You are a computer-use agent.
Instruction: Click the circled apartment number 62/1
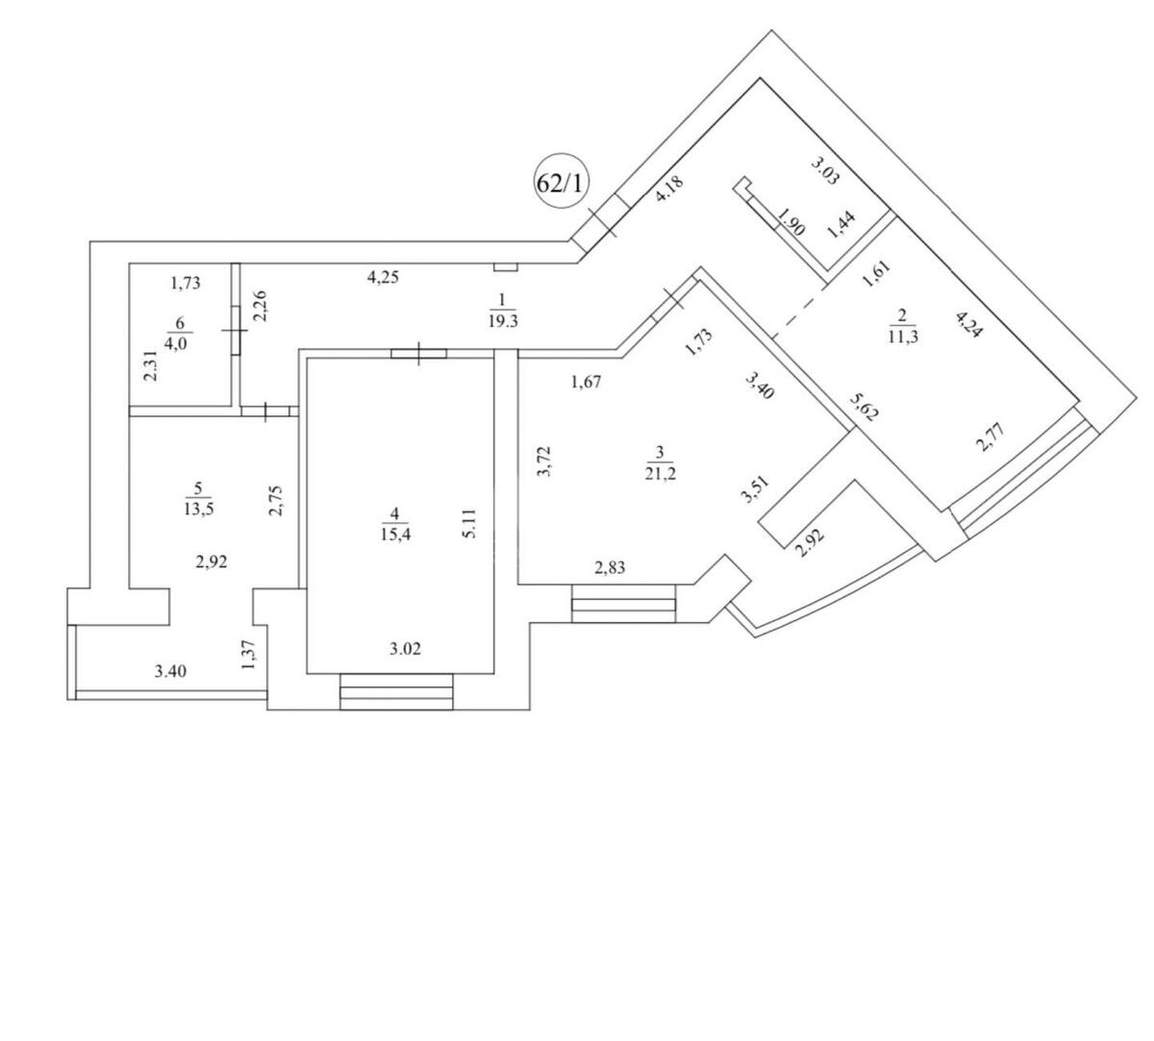pyautogui.click(x=560, y=183)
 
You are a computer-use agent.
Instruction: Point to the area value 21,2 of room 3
pyautogui.click(x=660, y=470)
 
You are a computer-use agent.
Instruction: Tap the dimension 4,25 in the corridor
pyautogui.click(x=383, y=279)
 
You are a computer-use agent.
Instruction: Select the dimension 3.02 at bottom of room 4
pyautogui.click(x=405, y=649)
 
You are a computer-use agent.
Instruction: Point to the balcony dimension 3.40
pyautogui.click(x=170, y=671)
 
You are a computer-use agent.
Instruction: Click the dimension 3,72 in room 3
pyautogui.click(x=543, y=461)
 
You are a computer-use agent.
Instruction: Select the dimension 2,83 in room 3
pyautogui.click(x=610, y=568)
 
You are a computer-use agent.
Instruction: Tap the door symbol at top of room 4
pyautogui.click(x=419, y=354)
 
